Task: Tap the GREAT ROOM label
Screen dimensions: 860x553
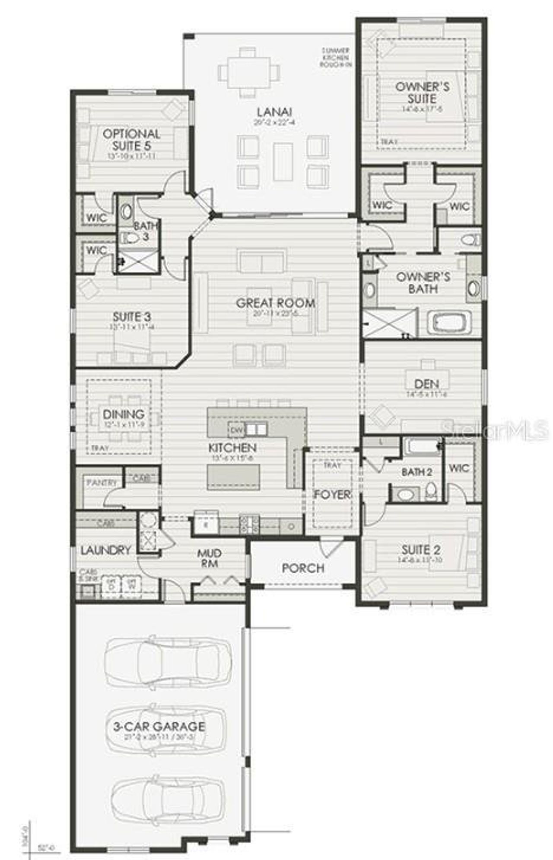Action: click(x=275, y=302)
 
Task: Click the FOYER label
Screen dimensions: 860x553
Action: click(x=331, y=494)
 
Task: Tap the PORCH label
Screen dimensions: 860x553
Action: click(x=303, y=568)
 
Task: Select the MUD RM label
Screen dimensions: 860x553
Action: click(x=210, y=558)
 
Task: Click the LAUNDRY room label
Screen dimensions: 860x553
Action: click(x=105, y=550)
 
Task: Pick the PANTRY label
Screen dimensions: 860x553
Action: click(x=102, y=482)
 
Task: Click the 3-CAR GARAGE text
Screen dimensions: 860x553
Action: click(x=159, y=726)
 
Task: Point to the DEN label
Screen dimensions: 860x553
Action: click(x=426, y=383)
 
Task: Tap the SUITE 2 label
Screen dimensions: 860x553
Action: click(x=421, y=549)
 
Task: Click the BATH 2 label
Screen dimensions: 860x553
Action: click(x=416, y=472)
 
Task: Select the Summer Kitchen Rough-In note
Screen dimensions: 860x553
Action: click(x=336, y=58)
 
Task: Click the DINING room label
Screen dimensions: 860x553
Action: click(x=124, y=414)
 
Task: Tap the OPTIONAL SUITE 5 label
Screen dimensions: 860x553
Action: click(x=131, y=139)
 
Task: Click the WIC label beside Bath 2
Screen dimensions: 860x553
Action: click(x=459, y=468)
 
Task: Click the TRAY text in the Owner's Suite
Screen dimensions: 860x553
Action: click(x=389, y=141)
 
